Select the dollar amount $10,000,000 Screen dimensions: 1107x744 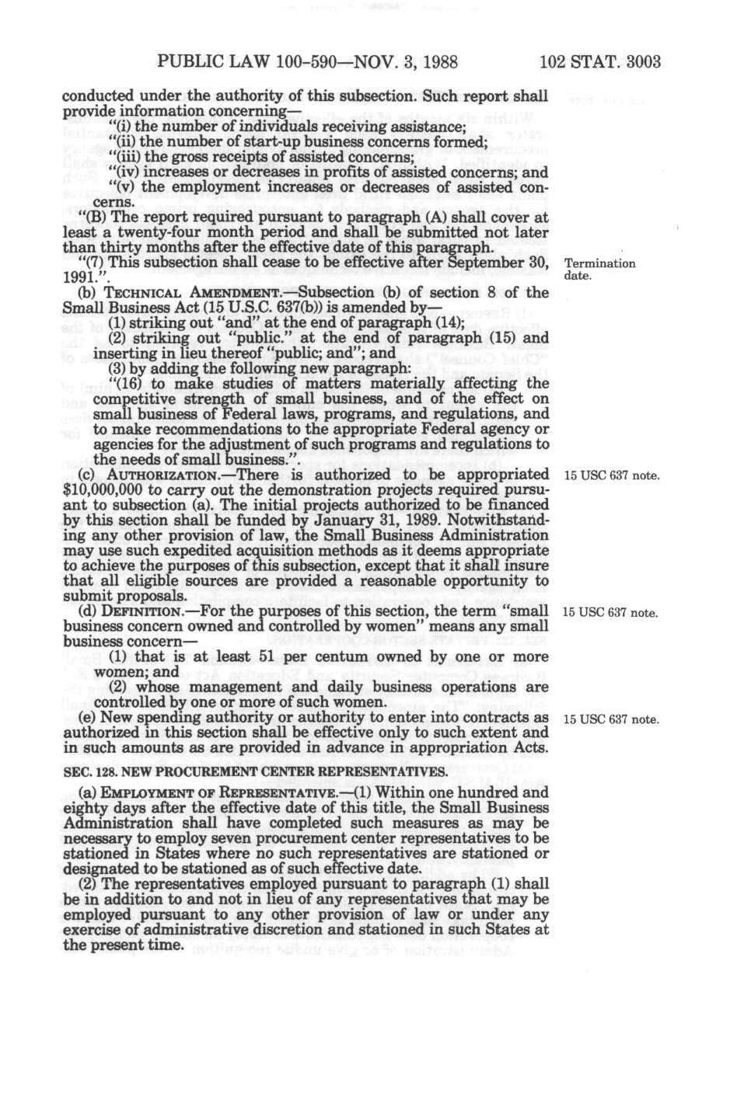click(x=100, y=489)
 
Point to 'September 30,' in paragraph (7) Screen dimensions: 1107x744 click(x=498, y=263)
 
